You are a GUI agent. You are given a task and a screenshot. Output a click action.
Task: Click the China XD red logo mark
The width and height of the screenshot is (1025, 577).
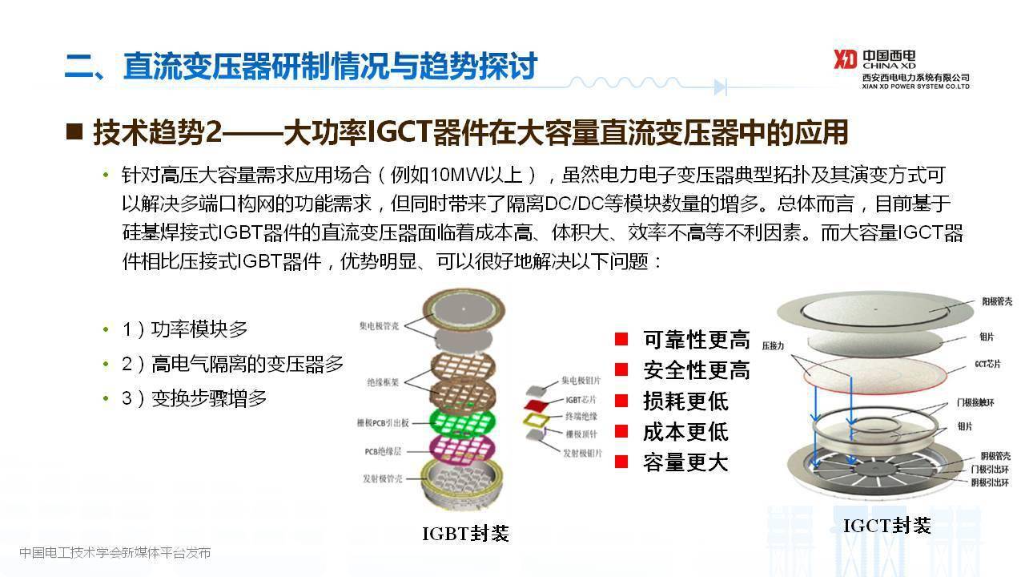(x=846, y=60)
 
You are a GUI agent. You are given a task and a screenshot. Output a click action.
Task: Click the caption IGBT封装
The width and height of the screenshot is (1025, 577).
(x=465, y=534)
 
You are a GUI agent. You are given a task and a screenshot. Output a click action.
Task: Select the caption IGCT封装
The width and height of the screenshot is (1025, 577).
(x=887, y=527)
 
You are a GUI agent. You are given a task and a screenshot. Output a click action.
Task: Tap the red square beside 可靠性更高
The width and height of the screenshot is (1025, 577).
(x=621, y=340)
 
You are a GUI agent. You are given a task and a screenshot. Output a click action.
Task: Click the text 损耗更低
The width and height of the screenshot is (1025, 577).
(x=685, y=401)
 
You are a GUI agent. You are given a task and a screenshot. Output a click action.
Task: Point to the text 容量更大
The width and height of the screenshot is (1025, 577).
(x=685, y=462)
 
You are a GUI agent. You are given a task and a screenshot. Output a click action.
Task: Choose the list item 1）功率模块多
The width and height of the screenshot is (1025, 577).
(x=185, y=329)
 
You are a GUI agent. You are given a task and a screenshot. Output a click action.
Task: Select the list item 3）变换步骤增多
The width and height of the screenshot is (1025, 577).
(x=195, y=398)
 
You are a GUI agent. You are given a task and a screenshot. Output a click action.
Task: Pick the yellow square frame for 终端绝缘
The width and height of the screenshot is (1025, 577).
(x=534, y=417)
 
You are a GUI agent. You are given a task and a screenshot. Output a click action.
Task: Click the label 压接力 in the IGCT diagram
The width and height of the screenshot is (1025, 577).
(x=774, y=344)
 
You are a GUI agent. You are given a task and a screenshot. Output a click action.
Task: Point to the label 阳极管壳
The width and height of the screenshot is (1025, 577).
(x=996, y=302)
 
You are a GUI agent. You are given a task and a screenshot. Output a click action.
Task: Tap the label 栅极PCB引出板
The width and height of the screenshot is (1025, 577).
(x=384, y=423)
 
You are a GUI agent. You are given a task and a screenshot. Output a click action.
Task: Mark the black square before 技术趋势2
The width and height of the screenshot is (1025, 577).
(x=74, y=131)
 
